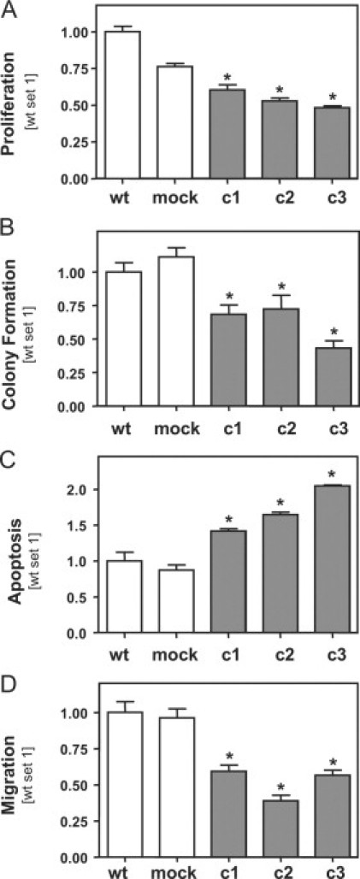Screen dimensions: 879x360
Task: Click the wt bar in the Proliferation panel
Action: (122, 105)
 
